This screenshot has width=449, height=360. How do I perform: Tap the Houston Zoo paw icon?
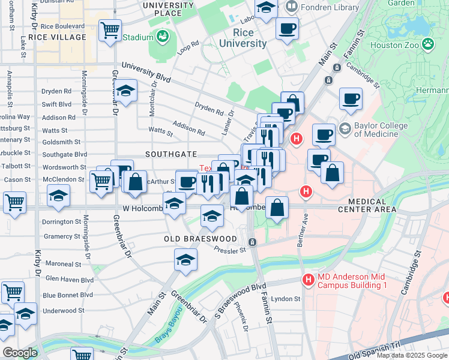(x=427, y=43)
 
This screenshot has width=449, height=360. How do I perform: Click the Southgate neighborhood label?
(x=172, y=154)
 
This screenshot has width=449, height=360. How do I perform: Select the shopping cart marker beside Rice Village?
(x=110, y=30)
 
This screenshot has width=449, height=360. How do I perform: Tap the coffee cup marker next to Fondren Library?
(x=287, y=28)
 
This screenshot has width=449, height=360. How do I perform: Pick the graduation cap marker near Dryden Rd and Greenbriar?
(x=126, y=91)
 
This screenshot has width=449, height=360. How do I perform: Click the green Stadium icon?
(x=162, y=37)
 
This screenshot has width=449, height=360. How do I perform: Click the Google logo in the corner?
(x=20, y=353)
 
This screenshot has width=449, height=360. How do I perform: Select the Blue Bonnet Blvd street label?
(x=68, y=295)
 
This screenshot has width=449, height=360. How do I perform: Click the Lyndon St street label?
(x=285, y=299)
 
